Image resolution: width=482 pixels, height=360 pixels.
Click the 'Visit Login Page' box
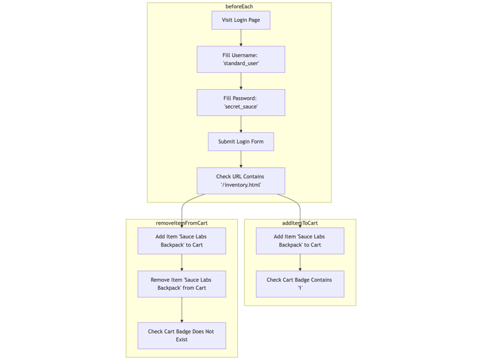pyautogui.click(x=240, y=20)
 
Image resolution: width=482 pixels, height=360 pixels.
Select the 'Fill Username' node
pyautogui.click(x=240, y=59)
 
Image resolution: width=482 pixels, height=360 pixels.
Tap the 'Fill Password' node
pyautogui.click(x=240, y=102)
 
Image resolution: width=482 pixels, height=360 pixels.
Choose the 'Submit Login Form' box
pyautogui.click(x=240, y=142)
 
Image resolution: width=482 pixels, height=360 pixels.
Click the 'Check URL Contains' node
pyautogui.click(x=240, y=181)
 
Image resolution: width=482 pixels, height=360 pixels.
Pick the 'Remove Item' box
pyautogui.click(x=181, y=284)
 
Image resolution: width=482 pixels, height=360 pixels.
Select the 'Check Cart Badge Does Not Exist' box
pyautogui.click(x=181, y=336)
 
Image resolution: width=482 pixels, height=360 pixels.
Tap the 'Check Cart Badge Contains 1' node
pyautogui.click(x=299, y=284)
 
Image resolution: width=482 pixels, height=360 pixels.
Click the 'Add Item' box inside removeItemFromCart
pyautogui.click(x=181, y=241)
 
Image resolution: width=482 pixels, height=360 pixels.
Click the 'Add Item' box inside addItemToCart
pyautogui.click(x=299, y=241)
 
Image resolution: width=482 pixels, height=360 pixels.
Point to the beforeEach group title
pyautogui.click(x=239, y=7)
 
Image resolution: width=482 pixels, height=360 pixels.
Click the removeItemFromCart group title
pyautogui.click(x=181, y=223)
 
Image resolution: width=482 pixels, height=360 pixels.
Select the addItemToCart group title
pyautogui.click(x=299, y=223)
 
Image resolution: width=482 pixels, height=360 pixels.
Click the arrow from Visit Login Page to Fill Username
pyautogui.click(x=240, y=38)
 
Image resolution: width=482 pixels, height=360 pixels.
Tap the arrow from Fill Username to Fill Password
pyautogui.click(x=240, y=81)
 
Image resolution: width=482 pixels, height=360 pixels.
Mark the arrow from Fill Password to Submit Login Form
pyautogui.click(x=240, y=124)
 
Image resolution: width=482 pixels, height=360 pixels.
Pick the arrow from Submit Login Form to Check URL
pyautogui.click(x=240, y=159)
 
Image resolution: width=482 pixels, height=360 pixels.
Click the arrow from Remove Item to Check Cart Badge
pyautogui.click(x=181, y=310)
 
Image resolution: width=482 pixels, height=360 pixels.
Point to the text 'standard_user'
pyautogui.click(x=240, y=63)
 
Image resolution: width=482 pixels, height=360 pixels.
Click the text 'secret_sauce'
pyautogui.click(x=240, y=107)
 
